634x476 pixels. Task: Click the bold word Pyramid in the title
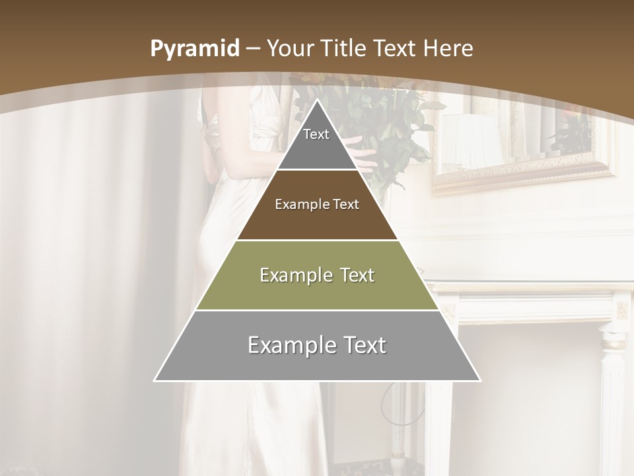194,48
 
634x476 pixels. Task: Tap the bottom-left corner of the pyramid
155,380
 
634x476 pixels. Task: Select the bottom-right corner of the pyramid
480,380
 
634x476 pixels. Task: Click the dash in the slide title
253,49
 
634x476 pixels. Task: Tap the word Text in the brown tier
345,205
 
